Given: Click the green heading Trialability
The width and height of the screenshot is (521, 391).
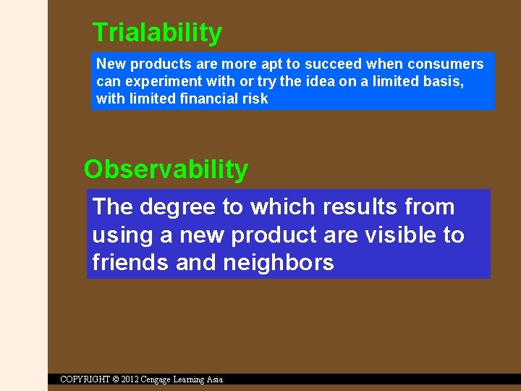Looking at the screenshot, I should (157, 33).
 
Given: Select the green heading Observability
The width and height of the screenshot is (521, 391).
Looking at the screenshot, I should (166, 169).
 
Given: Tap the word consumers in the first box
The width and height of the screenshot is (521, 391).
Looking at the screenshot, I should (446, 64).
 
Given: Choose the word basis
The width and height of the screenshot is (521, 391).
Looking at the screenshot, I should (445, 81).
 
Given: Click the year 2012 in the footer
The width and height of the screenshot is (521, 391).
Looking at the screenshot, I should (131, 379).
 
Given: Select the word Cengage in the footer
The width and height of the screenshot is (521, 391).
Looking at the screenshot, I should (161, 379).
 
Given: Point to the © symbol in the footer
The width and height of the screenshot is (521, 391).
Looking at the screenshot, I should (116, 379).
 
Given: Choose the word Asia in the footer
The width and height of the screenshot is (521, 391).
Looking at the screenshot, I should (215, 379).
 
